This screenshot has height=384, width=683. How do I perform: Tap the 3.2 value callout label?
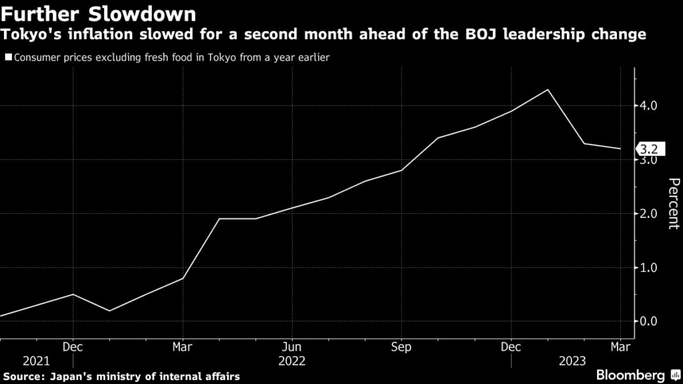649,149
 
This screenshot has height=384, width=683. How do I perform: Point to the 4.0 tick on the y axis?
650,106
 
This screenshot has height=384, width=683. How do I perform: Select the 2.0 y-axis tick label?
650,213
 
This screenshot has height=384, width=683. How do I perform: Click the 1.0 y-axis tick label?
650,267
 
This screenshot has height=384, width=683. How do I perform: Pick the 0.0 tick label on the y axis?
650,321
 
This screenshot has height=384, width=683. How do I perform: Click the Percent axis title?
673,203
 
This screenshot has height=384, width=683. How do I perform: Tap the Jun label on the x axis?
291,347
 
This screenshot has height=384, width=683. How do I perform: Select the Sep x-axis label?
401,347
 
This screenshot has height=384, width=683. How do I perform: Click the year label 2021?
36,361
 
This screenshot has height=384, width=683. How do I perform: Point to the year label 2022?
291,361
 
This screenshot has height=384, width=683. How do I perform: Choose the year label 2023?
572,361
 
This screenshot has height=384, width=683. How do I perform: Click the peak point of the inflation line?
548,89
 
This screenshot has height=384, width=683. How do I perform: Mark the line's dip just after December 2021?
109,311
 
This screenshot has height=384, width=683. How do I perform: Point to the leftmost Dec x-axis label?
73,347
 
